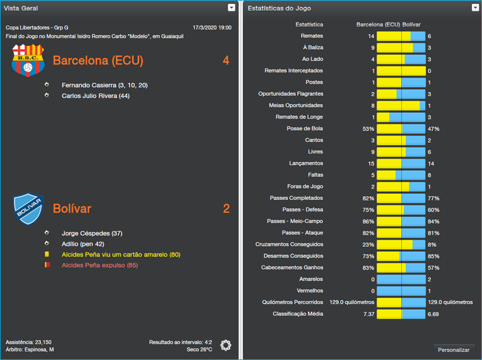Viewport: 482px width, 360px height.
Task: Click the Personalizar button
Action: click(x=454, y=350)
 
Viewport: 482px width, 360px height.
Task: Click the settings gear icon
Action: click(x=226, y=345)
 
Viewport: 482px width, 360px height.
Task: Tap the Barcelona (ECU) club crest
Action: click(x=28, y=61)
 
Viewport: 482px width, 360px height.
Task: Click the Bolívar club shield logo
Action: click(x=28, y=208)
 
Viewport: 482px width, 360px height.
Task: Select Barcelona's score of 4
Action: click(x=226, y=61)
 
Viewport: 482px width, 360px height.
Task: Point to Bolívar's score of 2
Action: click(x=226, y=209)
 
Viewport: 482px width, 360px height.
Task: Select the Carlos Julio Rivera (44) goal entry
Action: click(x=95, y=96)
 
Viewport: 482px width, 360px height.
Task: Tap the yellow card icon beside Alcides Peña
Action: click(x=47, y=255)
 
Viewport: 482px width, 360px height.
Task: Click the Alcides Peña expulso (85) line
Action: click(x=99, y=265)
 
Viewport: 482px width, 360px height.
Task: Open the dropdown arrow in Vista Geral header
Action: click(x=231, y=7)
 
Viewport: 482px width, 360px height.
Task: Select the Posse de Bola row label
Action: click(x=305, y=129)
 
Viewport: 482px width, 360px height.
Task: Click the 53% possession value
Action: click(x=368, y=129)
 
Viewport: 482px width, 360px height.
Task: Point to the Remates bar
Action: click(x=401, y=36)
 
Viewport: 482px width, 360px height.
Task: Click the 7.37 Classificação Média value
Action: click(x=368, y=314)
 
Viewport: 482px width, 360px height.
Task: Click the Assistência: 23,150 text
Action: click(x=28, y=342)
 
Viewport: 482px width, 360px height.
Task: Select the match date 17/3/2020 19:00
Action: click(x=211, y=28)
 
